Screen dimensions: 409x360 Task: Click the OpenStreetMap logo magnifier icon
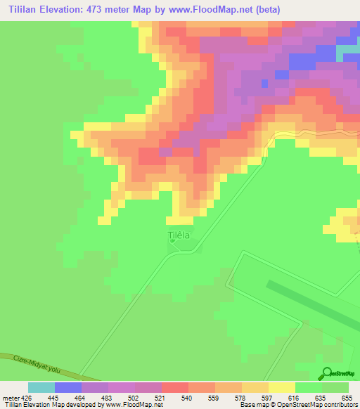(x=326, y=374)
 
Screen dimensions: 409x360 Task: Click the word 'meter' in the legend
(x=8, y=397)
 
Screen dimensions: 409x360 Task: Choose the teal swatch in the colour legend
(x=41, y=387)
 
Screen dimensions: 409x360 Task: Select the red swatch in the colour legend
(x=174, y=387)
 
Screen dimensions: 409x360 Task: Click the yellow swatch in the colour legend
(x=281, y=387)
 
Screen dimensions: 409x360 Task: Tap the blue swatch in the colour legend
(x=67, y=387)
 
